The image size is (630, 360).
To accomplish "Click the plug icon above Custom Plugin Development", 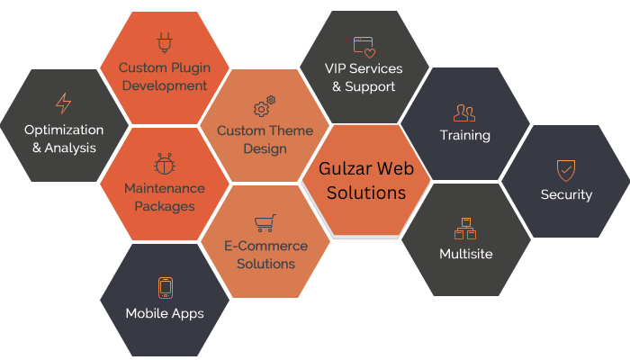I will click(163, 42).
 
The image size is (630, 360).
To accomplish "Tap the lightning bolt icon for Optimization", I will click(63, 103).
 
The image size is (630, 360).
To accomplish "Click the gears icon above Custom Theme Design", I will click(265, 107).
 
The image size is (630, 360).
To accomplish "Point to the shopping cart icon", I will click(265, 222).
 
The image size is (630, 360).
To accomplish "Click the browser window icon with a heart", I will click(364, 45).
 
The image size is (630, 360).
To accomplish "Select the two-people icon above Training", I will click(464, 112).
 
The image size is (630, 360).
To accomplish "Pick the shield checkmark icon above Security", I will click(565, 169).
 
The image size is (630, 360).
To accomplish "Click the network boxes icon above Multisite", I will click(465, 229).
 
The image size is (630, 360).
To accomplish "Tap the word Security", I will click(566, 194).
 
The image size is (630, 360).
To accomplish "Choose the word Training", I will click(465, 135).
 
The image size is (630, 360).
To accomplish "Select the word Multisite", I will click(465, 254).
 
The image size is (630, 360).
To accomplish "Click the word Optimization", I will click(64, 130).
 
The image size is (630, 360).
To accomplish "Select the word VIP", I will click(338, 68).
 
